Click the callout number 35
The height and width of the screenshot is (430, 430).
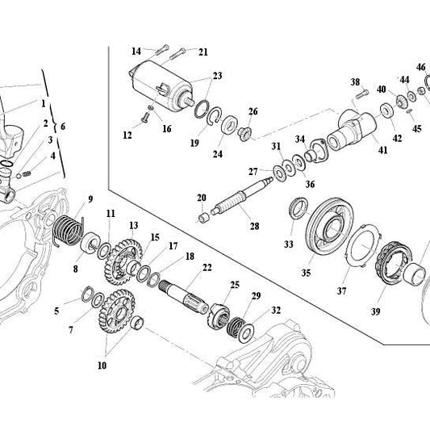[x=306, y=273]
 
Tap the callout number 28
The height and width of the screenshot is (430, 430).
[x=254, y=226]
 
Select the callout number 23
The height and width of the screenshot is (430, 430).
[x=216, y=76]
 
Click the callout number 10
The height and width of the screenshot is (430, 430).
[x=102, y=365]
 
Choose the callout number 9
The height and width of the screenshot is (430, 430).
[x=90, y=198]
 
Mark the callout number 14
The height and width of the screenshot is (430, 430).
[x=136, y=50]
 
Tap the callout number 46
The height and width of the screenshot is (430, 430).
[x=420, y=67]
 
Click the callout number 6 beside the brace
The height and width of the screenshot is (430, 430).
[x=63, y=127]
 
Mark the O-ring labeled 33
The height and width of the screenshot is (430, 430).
[x=297, y=211]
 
